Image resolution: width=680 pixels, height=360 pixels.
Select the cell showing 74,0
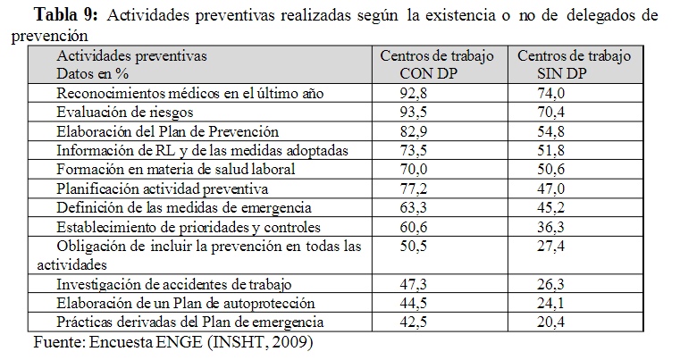coord(552,94)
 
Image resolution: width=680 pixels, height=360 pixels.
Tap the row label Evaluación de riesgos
coord(124,113)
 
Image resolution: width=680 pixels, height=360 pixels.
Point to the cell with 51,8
coord(552,149)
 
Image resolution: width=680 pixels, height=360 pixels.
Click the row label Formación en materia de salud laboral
coord(175,169)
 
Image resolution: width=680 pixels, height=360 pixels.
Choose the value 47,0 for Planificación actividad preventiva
coord(552,188)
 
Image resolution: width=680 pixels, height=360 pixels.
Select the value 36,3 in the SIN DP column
coord(552,226)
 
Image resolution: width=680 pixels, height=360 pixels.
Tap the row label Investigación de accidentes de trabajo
coord(173,284)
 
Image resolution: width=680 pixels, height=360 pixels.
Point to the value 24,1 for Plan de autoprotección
coord(552,303)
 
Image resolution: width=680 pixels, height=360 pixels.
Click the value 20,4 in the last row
coord(552,322)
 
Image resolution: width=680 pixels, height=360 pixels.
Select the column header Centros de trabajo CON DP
coord(436,64)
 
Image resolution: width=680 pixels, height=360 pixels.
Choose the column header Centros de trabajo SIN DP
coord(574,64)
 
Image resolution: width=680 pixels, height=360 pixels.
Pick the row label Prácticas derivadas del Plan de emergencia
coord(189,322)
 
